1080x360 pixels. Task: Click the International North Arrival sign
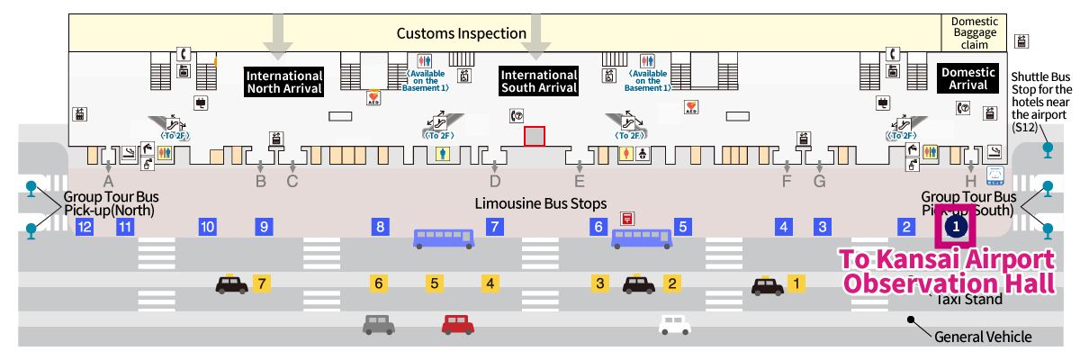[x=284, y=81]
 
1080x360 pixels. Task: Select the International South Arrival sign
[x=538, y=81]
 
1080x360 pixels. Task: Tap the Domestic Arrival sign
[x=967, y=78]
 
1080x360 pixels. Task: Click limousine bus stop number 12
[x=85, y=227]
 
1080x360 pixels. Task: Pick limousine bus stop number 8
[x=381, y=227]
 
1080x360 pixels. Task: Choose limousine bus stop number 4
[x=785, y=227]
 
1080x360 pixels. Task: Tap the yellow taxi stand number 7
[x=262, y=283]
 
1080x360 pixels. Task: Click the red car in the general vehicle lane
[x=458, y=324]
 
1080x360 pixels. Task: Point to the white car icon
[x=674, y=323]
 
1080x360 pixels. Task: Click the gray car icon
[x=379, y=324]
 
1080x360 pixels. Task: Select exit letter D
[x=495, y=180]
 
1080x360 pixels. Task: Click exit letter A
[x=108, y=180]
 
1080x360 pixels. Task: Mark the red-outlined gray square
[x=535, y=136]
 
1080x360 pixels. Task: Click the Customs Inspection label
[x=462, y=33]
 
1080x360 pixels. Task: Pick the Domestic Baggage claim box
[x=975, y=32]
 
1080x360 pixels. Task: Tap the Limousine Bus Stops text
[x=541, y=203]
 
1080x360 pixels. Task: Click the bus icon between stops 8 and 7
[x=444, y=238]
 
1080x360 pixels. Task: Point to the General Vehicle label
[x=983, y=337]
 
